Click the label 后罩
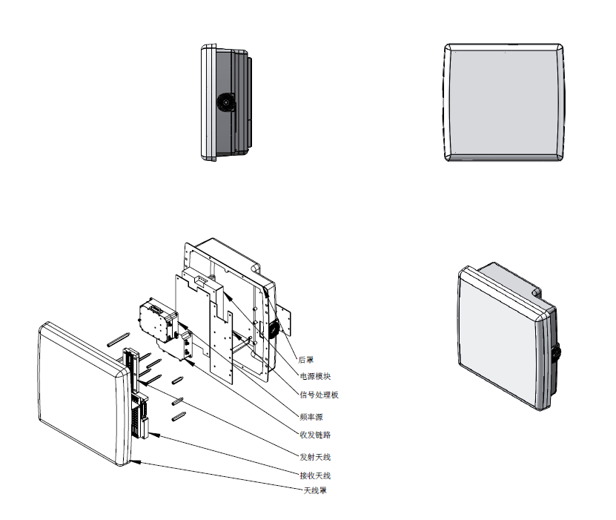tap(306, 360)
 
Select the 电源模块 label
tap(315, 376)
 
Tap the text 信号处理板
tap(319, 395)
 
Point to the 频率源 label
tap(311, 417)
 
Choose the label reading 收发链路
tap(315, 435)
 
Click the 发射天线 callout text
tap(315, 457)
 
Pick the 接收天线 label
tap(315, 475)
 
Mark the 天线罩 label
tap(315, 490)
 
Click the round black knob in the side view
tap(226, 102)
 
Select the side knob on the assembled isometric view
tap(557, 352)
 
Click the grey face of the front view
tap(503, 102)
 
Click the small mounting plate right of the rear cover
tap(284, 318)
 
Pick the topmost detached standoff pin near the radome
tap(119, 340)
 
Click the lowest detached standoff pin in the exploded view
tap(179, 416)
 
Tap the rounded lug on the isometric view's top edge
tap(537, 292)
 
